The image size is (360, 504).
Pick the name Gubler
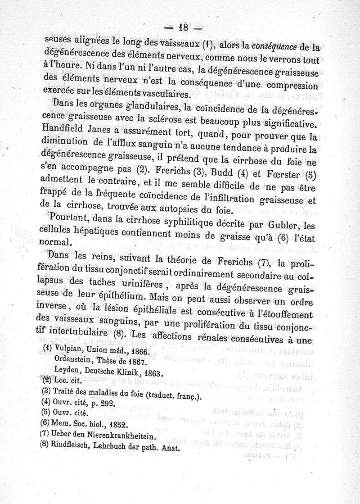[x=271, y=224]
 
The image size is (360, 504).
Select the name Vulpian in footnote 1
[x=70, y=350]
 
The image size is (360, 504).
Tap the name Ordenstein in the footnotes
[x=73, y=361]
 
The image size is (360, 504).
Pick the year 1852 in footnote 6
[x=117, y=425]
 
